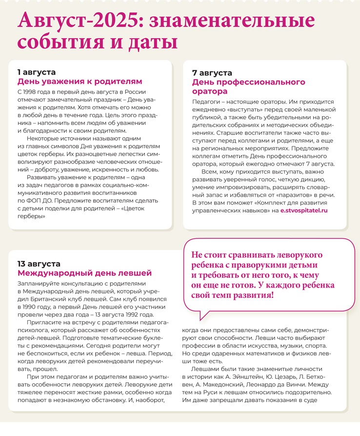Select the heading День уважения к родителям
coord(80,82)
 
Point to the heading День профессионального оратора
coord(249,86)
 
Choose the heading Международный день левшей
coord(85,273)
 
